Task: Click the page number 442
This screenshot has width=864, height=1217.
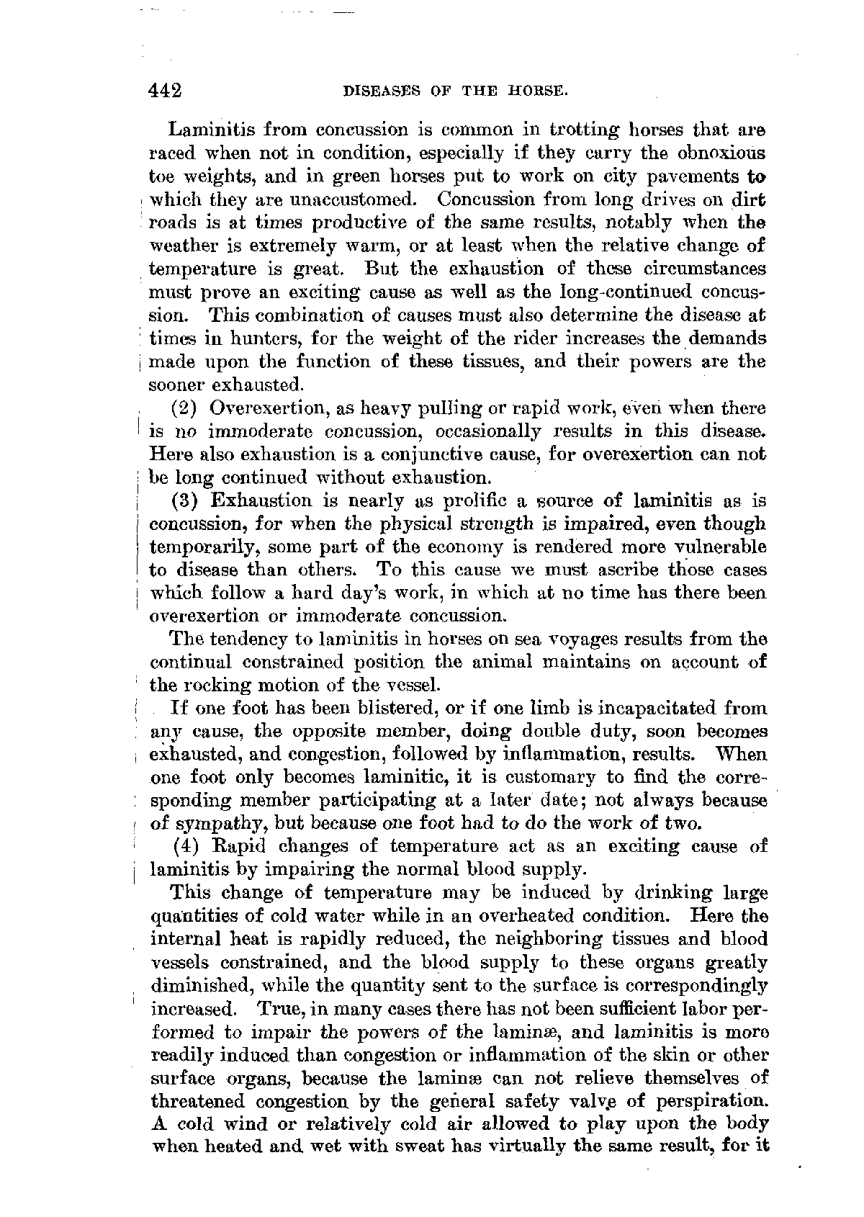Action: [164, 91]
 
